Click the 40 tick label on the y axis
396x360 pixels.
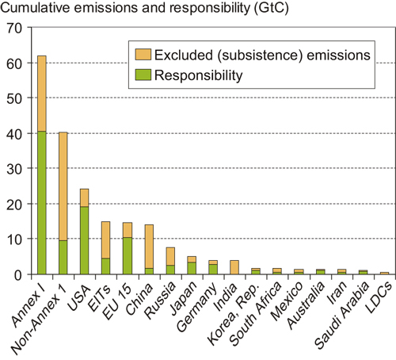coord(14,132)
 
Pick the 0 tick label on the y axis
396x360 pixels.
coord(18,274)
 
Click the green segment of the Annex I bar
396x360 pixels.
coord(41,202)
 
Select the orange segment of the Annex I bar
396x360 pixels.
coord(41,93)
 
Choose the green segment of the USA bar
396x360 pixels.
coord(84,240)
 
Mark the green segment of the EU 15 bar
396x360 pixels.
coord(127,255)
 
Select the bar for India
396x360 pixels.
coord(234,267)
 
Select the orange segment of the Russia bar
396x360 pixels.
coord(169,256)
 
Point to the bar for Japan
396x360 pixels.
coord(191,266)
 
